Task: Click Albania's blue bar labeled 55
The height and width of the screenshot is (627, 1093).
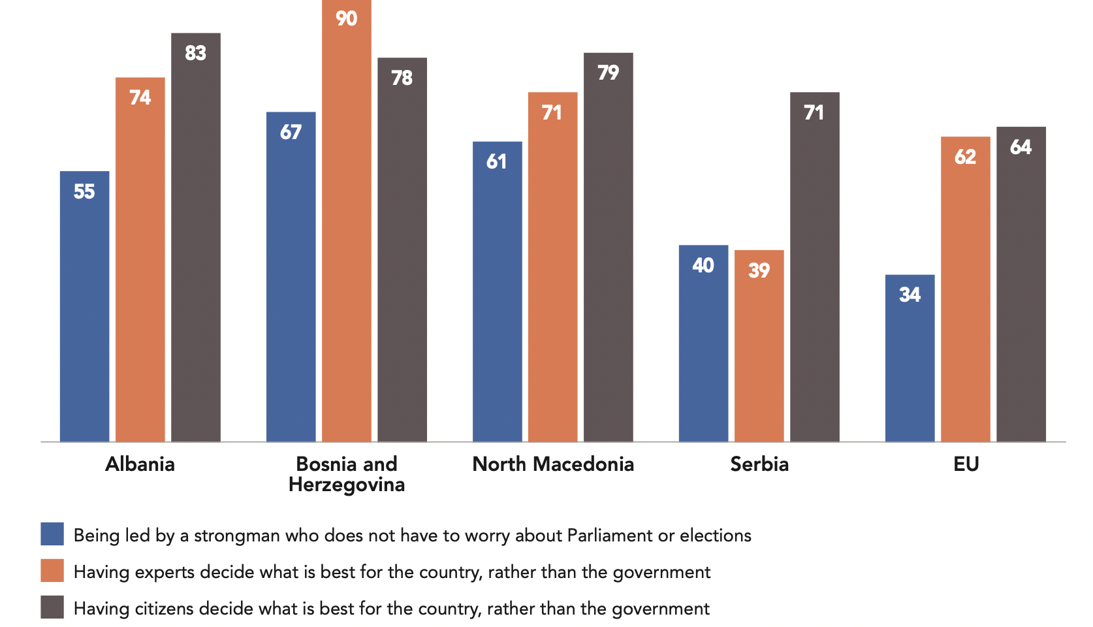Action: (84, 307)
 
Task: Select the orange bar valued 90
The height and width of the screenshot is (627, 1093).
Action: (346, 222)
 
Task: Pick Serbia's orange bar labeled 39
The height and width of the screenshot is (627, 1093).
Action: (759, 346)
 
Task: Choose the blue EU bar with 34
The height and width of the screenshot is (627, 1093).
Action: (910, 359)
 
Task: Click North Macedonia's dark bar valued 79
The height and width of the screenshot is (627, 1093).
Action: (608, 248)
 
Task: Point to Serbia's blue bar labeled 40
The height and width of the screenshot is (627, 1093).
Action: (703, 344)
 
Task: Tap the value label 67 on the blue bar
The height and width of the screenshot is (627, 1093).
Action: (291, 133)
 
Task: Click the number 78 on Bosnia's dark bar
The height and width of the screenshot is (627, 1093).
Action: (402, 78)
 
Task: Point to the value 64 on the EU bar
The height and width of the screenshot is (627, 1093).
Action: (1021, 148)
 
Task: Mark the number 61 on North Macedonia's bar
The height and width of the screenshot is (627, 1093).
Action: (496, 162)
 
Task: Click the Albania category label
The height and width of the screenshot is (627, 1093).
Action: (140, 464)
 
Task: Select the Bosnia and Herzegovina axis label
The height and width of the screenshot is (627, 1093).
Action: (346, 474)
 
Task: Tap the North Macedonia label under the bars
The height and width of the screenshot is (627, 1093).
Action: (552, 464)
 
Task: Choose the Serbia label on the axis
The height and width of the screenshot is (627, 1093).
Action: (759, 464)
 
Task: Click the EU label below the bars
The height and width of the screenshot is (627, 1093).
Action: (966, 464)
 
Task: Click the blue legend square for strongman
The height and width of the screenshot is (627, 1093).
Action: (52, 534)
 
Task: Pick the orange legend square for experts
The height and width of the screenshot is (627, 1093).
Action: (52, 570)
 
